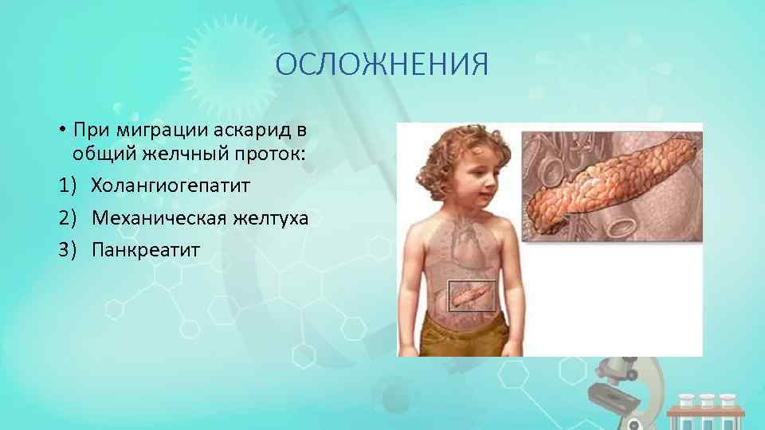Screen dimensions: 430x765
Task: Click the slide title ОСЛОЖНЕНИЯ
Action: pyautogui.click(x=382, y=64)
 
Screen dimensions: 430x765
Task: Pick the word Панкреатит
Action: pyautogui.click(x=146, y=250)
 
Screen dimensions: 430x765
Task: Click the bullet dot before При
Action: pyautogui.click(x=61, y=130)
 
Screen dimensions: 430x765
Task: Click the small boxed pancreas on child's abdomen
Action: pyautogui.click(x=473, y=296)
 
